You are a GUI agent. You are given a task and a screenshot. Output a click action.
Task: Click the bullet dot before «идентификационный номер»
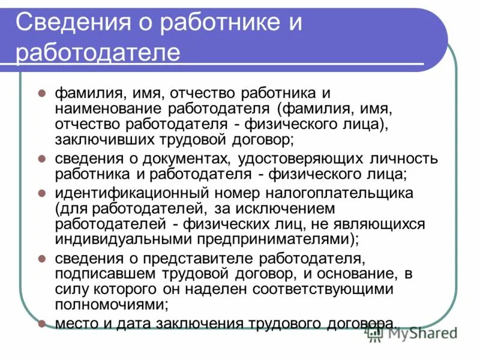point(42,194)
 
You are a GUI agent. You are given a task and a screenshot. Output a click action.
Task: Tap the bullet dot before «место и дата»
point(42,323)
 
